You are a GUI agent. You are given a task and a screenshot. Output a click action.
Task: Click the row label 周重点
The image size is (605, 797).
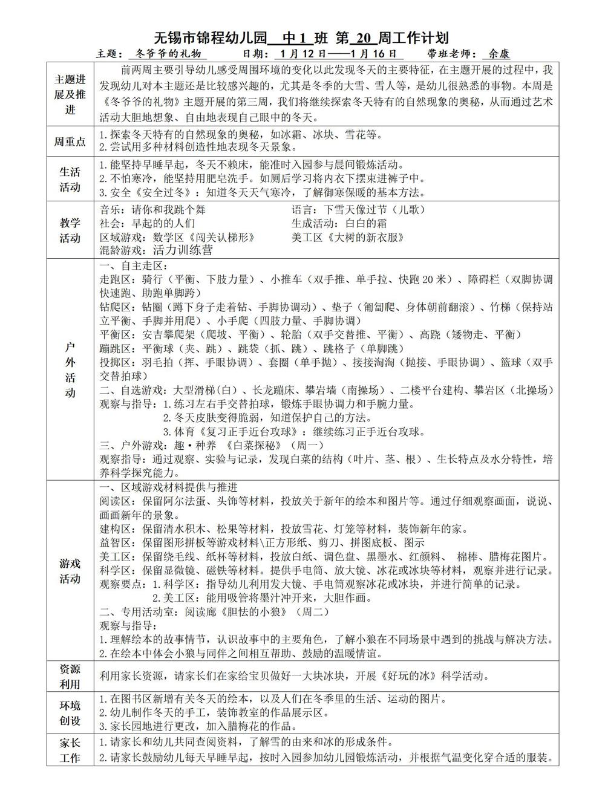(x=70, y=142)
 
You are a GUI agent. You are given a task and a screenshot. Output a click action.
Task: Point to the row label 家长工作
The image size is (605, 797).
(x=70, y=750)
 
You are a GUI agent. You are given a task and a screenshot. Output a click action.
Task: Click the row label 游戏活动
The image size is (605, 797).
(x=70, y=571)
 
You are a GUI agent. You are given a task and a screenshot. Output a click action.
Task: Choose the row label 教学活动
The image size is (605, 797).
(x=70, y=230)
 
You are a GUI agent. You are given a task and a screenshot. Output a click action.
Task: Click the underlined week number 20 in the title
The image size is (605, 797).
(x=362, y=38)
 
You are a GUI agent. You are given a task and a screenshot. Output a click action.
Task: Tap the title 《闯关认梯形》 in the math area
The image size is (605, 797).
(x=220, y=237)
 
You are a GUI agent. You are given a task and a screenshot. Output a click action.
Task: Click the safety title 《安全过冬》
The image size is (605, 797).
(x=143, y=193)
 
